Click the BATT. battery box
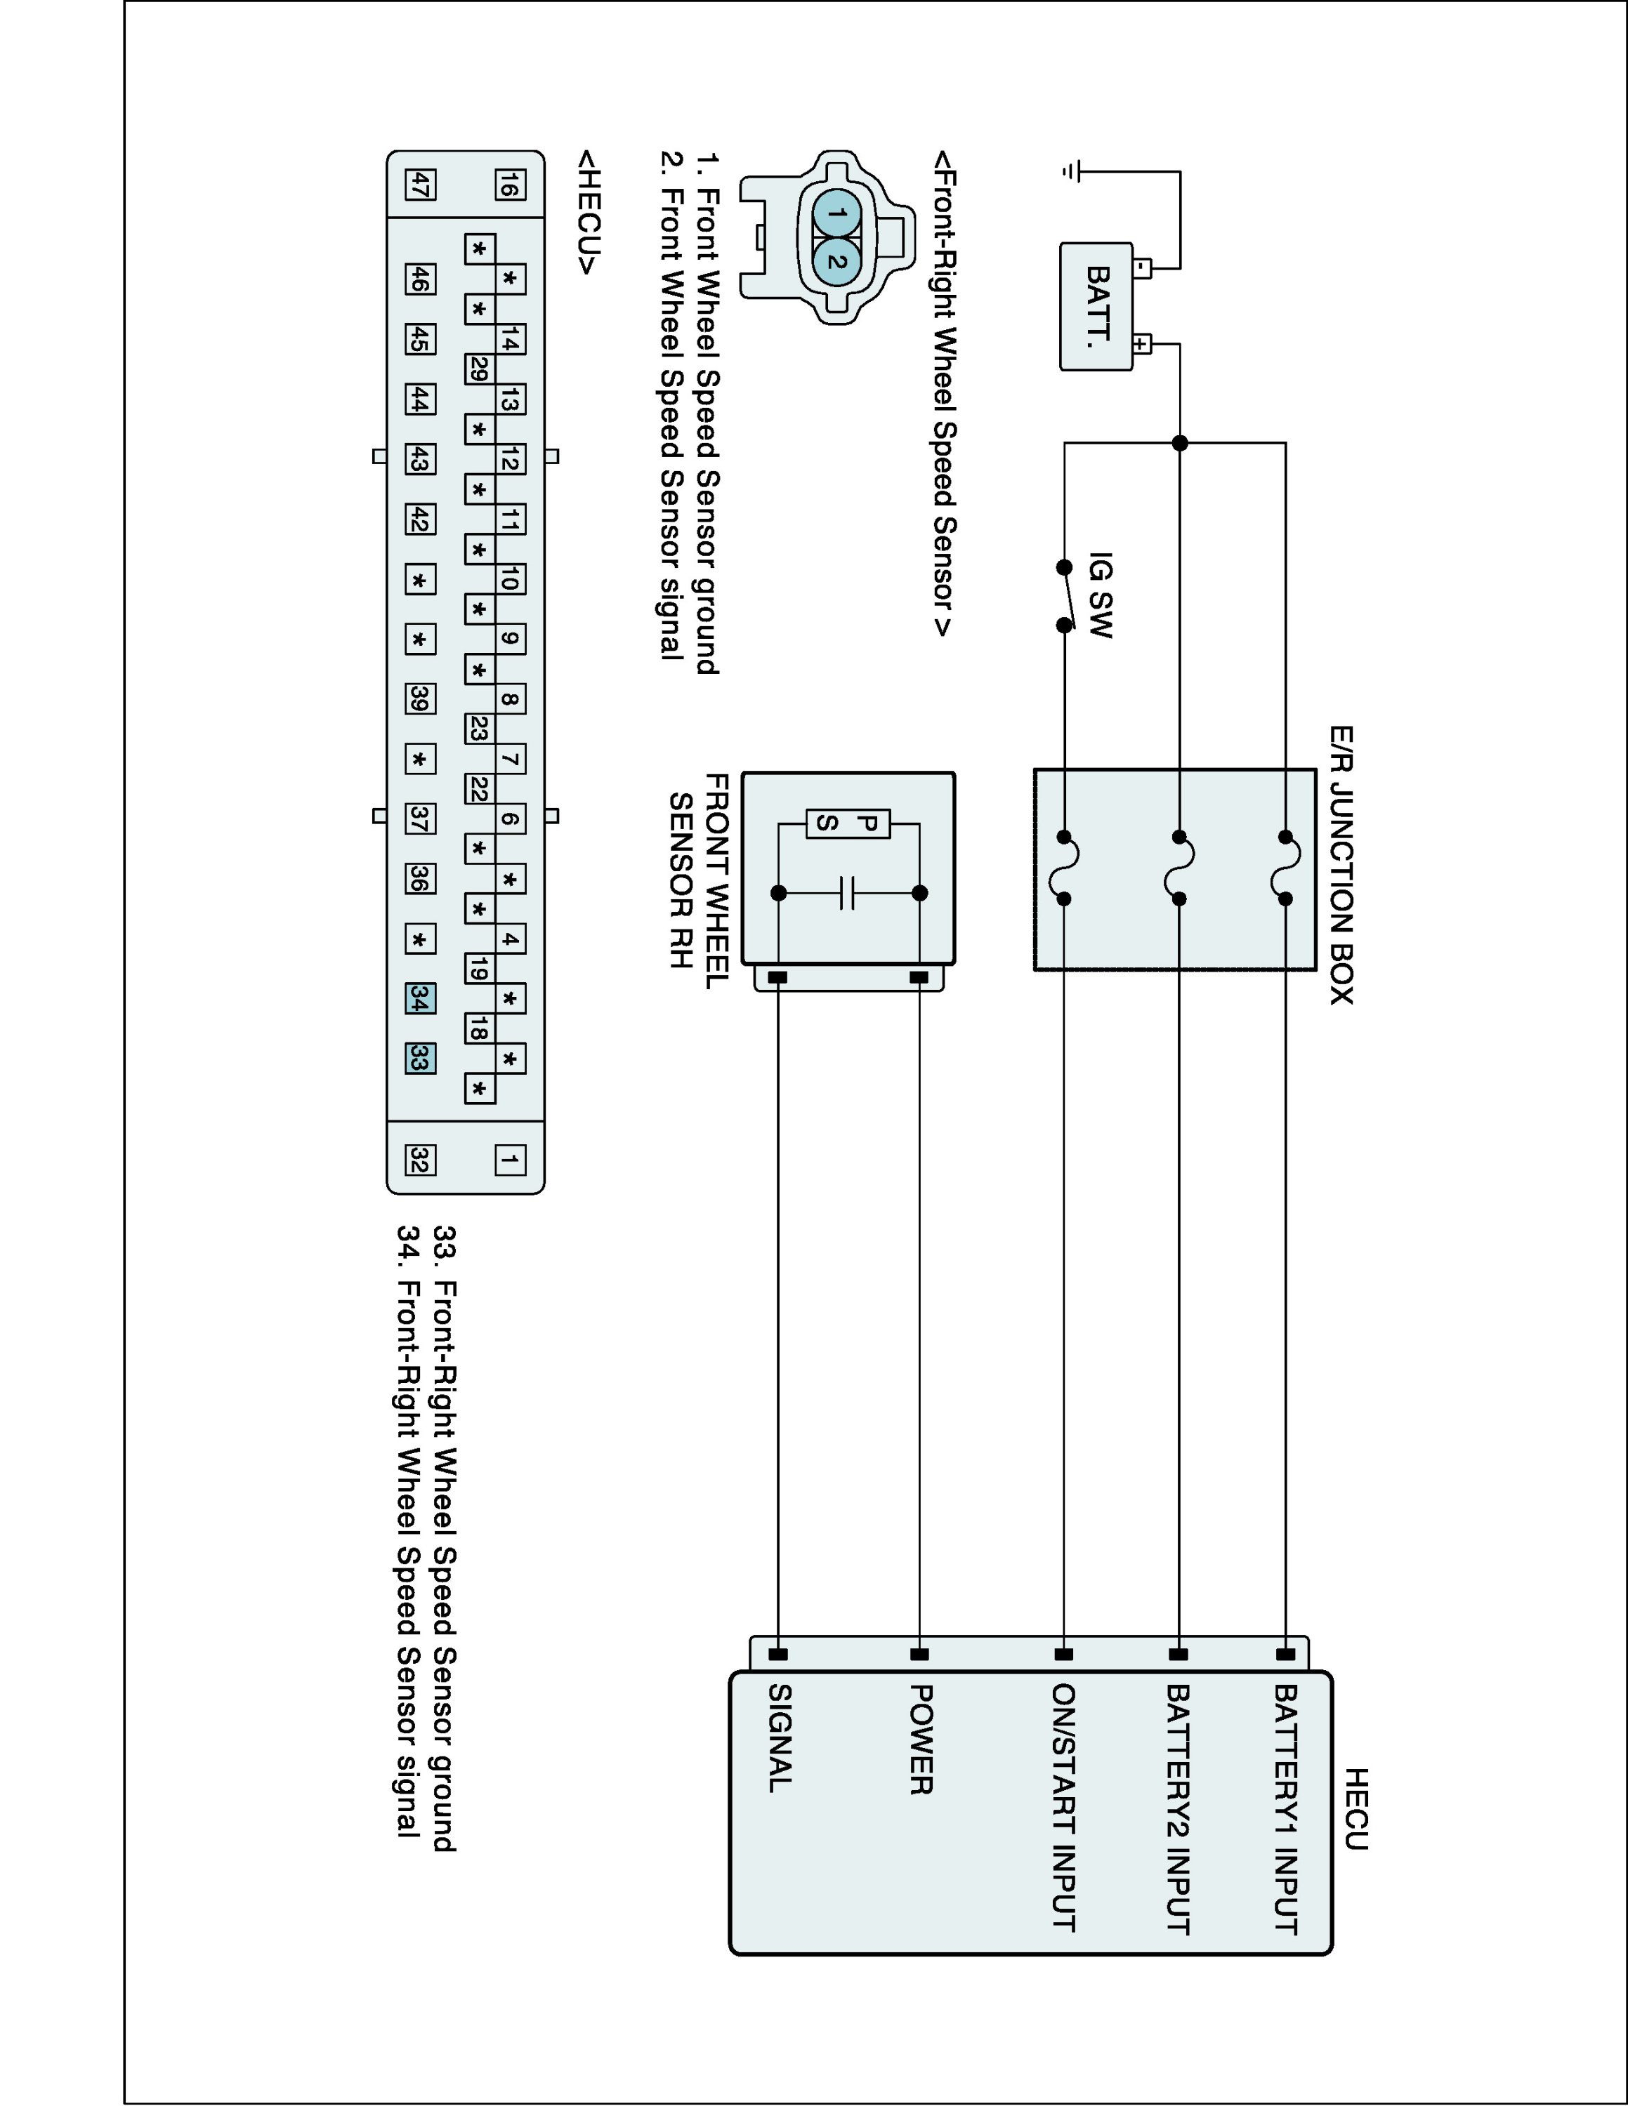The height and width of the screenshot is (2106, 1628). pyautogui.click(x=1096, y=307)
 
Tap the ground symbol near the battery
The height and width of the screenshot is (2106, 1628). pyautogui.click(x=1069, y=172)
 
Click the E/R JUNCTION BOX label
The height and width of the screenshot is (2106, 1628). pyautogui.click(x=1341, y=865)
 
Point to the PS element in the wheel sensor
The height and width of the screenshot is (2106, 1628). pyautogui.click(x=848, y=823)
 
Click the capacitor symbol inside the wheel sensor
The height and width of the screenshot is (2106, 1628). pyautogui.click(x=848, y=893)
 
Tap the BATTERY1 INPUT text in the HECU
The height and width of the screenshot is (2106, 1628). pyautogui.click(x=1286, y=1809)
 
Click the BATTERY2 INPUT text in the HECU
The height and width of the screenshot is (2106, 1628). pyautogui.click(x=1178, y=1809)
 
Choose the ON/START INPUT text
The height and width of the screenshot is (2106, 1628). pyautogui.click(x=1064, y=1808)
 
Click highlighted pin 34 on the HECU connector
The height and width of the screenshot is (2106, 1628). pyautogui.click(x=419, y=999)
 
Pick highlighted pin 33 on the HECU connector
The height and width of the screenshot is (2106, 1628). pyautogui.click(x=419, y=1059)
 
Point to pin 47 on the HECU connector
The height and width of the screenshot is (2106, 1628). pyautogui.click(x=419, y=184)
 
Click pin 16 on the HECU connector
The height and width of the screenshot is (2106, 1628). pyautogui.click(x=510, y=184)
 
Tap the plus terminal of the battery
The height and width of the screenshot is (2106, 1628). pyautogui.click(x=1142, y=343)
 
